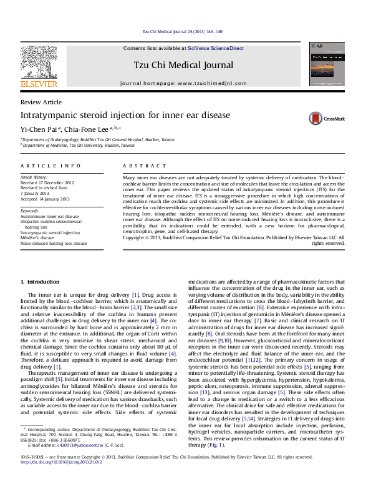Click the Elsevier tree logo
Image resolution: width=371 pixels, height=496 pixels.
pos(40,62)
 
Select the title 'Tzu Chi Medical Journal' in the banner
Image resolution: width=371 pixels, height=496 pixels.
pos(183,65)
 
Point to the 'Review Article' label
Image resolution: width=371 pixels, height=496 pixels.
pos(41,102)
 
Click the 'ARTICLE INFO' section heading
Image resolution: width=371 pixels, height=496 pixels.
pos(51,166)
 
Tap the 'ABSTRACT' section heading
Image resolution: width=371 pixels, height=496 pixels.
pos(144,166)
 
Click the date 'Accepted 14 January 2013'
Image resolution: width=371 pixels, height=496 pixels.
pos(45,199)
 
